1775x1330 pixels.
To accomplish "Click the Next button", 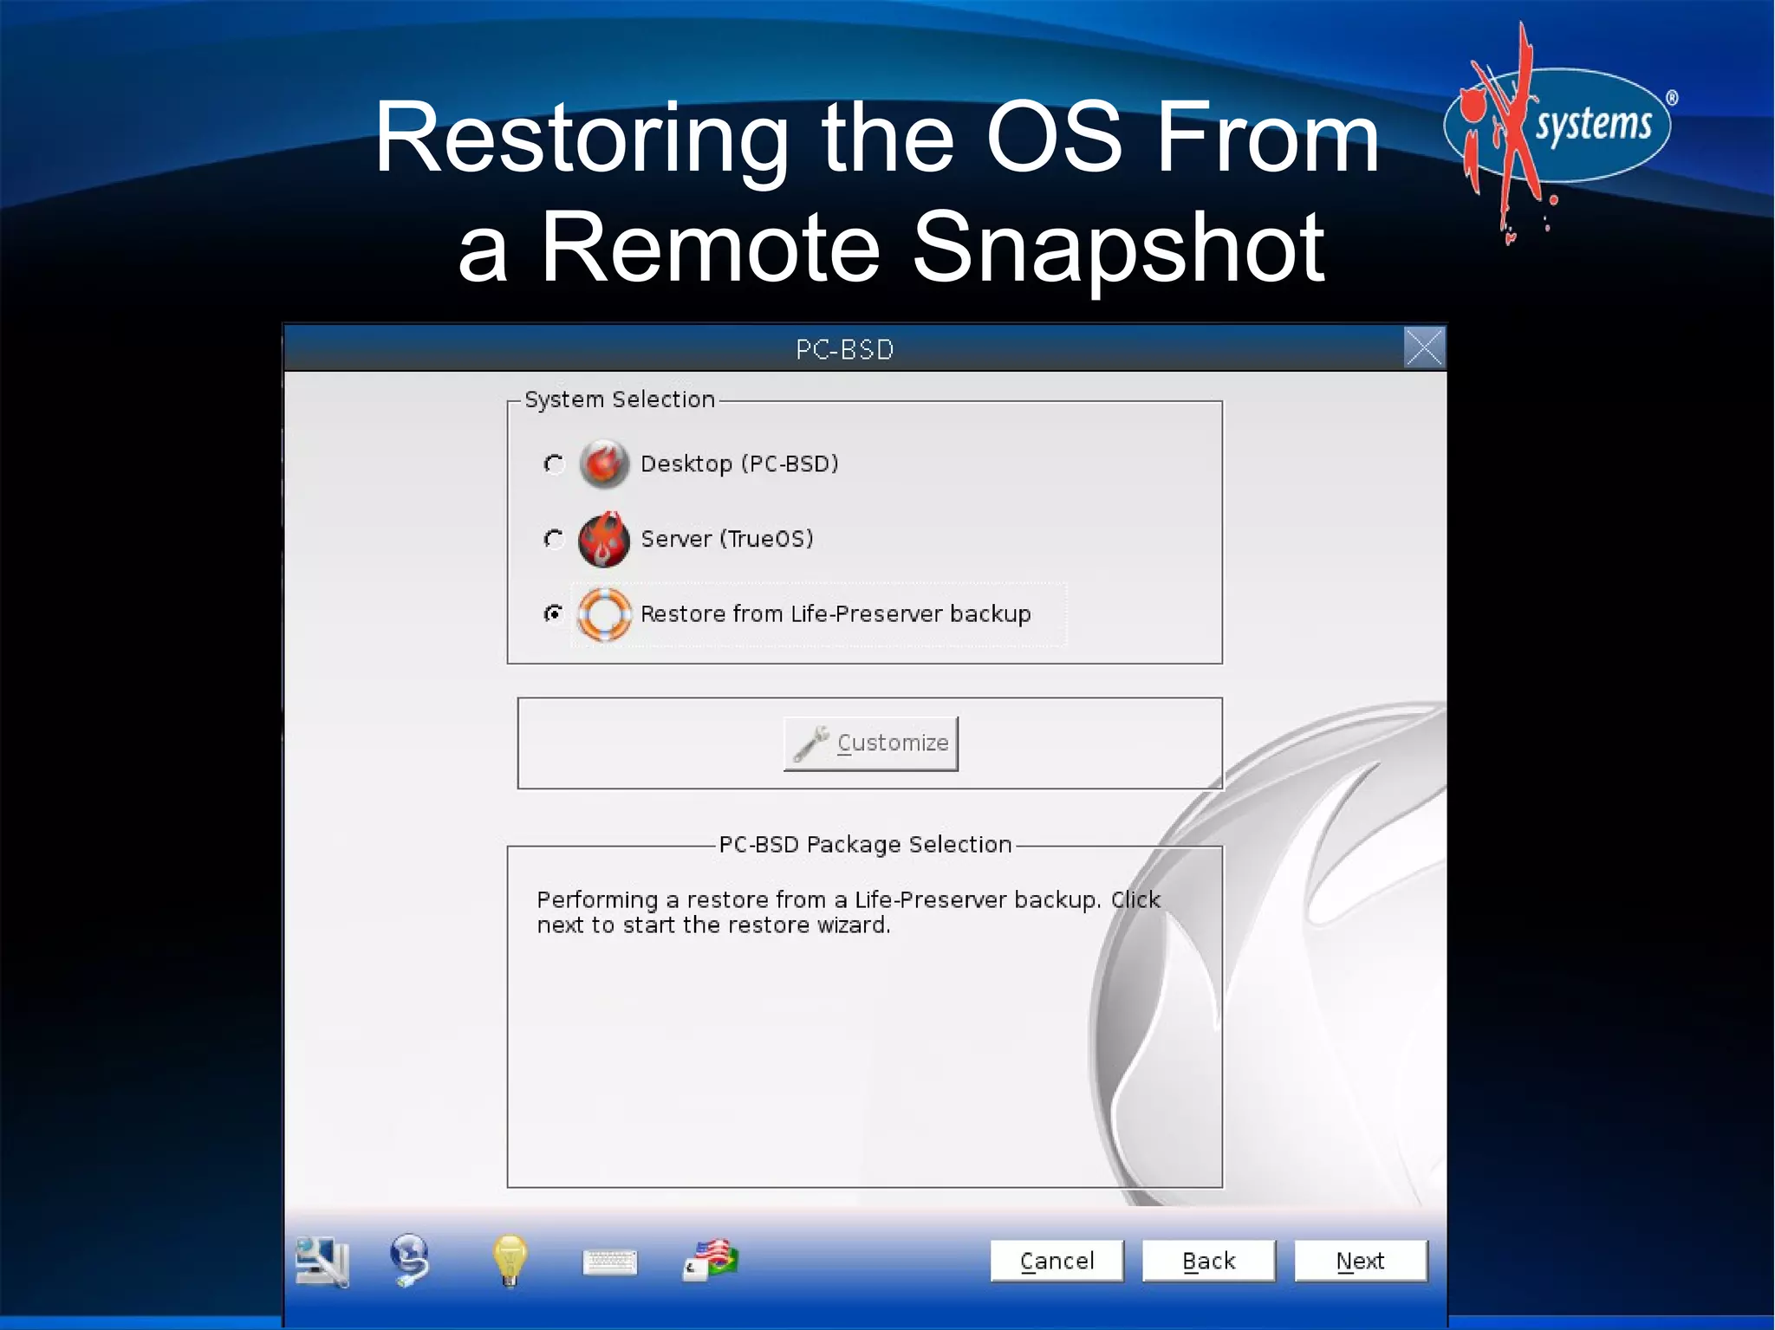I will pos(1359,1261).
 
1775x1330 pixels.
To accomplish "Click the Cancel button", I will pos(1056,1261).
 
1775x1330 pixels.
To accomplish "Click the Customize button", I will pos(870,743).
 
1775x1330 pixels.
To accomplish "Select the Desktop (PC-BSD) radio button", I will pos(554,464).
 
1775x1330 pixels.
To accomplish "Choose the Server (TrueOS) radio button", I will pos(554,539).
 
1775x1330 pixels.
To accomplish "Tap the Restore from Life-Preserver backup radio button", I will pos(554,613).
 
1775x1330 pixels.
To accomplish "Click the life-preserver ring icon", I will pos(604,613).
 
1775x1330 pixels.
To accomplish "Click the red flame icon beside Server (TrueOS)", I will pos(604,539).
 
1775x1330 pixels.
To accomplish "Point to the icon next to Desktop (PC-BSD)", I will pos(604,464).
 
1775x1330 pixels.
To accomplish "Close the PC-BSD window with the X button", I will pos(1423,348).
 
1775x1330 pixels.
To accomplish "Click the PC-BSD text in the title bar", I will pos(844,349).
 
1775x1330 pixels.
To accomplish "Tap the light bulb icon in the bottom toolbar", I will pos(510,1261).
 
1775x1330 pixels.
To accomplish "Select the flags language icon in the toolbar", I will pos(712,1260).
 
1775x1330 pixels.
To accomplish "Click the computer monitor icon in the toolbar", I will pos(322,1262).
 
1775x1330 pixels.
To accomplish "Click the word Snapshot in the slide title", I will pos(1118,249).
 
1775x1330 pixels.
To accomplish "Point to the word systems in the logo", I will pos(1593,125).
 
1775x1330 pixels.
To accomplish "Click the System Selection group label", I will pos(619,399).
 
